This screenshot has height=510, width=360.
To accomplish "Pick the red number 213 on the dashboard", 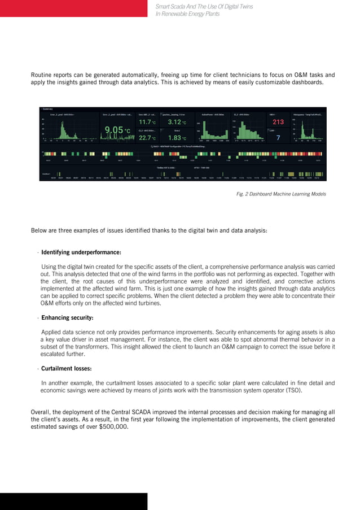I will (278, 122).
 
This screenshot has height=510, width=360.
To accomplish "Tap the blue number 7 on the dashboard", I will (278, 137).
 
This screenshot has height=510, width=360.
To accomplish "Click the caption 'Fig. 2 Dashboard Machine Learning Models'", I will (281, 194).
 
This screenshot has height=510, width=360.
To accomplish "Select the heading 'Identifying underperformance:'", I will (81, 252).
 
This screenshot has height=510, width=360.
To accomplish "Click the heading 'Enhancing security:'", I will (67, 317).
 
